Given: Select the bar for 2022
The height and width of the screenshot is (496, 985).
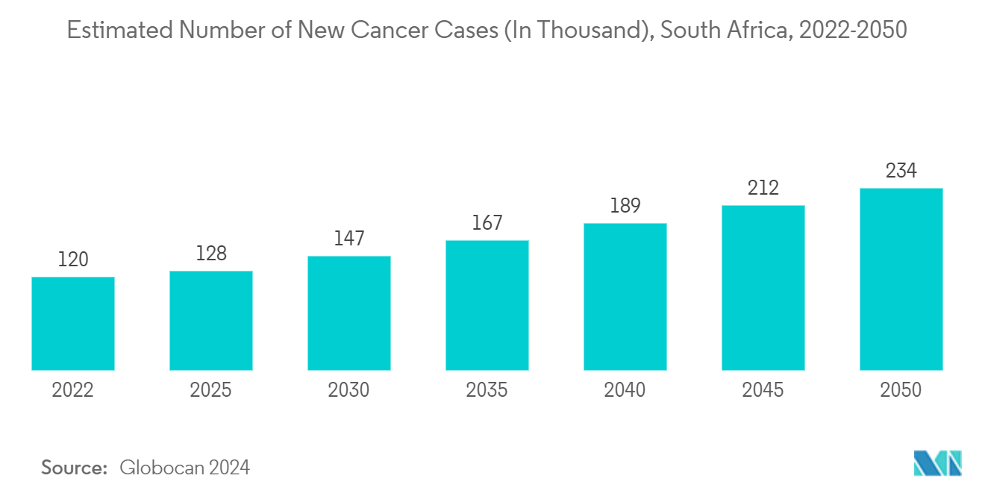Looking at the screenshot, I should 73,323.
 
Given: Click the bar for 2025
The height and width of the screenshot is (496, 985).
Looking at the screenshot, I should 211,320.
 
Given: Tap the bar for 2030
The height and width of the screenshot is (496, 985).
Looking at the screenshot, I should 349,313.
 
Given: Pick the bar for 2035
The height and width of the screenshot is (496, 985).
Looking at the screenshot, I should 487,304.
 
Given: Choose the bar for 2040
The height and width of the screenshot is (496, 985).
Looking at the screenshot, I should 625,296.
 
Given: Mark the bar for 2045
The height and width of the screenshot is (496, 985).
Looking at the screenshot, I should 763,287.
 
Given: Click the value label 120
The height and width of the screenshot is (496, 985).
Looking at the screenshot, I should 73,260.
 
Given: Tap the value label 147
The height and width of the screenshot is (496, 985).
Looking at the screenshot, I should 349,239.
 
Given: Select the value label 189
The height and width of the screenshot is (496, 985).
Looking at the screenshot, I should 625,206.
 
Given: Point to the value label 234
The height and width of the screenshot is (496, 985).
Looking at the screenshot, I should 901,171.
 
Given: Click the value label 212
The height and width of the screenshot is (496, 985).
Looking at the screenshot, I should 763,188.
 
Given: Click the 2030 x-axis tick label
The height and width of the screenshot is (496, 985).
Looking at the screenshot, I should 349,390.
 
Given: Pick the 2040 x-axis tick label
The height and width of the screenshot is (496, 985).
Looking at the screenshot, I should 625,390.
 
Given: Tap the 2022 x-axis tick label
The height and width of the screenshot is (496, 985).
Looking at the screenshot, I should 73,390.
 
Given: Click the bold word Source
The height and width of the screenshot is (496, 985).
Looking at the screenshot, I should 75,468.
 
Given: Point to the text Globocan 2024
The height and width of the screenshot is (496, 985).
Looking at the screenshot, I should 184,468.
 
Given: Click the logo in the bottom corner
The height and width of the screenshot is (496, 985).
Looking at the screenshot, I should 937,463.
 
